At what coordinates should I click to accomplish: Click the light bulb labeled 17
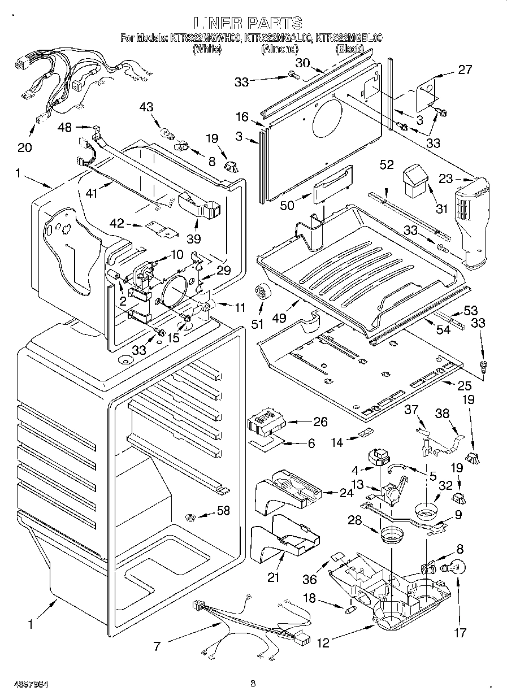tap(456, 567)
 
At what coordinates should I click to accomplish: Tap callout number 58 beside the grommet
tap(223, 511)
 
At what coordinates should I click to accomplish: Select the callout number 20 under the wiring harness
tap(24, 147)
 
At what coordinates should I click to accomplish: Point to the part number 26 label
tap(320, 421)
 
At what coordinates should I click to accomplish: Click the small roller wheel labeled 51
tap(262, 292)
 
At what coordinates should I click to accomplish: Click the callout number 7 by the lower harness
tap(157, 645)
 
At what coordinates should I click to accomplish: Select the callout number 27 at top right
tap(465, 70)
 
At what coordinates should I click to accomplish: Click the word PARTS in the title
tap(274, 23)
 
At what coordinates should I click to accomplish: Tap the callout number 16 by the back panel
tap(242, 117)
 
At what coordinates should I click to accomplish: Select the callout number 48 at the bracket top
tap(65, 128)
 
